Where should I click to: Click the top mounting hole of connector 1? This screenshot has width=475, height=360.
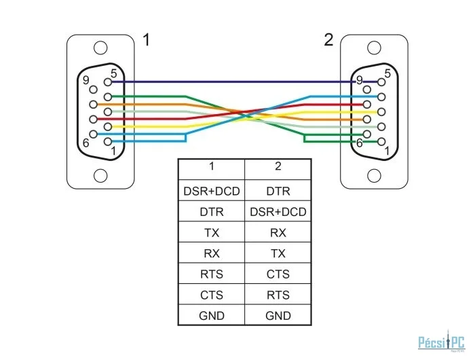click(100, 48)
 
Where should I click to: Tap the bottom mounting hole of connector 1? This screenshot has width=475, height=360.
click(100, 176)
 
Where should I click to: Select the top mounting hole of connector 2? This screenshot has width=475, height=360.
click(374, 48)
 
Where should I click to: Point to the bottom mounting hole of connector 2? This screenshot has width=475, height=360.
click(374, 176)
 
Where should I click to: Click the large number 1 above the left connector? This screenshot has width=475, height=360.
click(147, 40)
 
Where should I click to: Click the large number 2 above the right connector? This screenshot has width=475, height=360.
click(328, 40)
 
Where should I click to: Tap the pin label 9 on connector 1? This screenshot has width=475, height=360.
click(85, 80)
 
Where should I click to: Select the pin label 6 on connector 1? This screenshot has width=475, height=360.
click(86, 143)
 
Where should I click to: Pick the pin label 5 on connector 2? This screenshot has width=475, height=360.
click(387, 73)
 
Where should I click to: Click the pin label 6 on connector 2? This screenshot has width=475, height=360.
click(360, 143)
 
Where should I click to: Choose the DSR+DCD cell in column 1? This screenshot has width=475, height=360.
click(212, 192)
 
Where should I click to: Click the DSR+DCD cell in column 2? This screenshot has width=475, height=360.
click(278, 212)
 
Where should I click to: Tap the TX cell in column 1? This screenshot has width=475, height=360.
click(212, 233)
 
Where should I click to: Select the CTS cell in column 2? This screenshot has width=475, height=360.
click(278, 274)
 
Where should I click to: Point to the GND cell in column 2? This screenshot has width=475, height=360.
click(278, 316)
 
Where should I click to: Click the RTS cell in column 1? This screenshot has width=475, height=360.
click(212, 274)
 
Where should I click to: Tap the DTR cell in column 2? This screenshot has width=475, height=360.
click(278, 192)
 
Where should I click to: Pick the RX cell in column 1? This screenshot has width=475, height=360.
click(212, 253)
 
